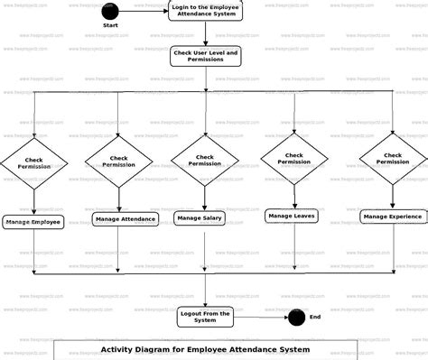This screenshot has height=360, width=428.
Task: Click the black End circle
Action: pyautogui.click(x=295, y=318)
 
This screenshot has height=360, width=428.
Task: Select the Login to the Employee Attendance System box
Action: pyautogui.click(x=205, y=11)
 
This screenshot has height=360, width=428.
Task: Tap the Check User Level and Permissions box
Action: pyautogui.click(x=205, y=57)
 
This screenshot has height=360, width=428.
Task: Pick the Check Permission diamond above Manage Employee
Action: pyautogui.click(x=33, y=164)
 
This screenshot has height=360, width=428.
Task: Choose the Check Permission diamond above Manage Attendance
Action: pyautogui.click(x=119, y=162)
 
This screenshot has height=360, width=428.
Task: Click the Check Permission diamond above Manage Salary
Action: pyautogui.click(x=205, y=160)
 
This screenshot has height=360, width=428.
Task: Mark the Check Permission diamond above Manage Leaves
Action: pyautogui.click(x=293, y=158)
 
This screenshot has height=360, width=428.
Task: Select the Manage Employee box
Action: pyautogui.click(x=33, y=221)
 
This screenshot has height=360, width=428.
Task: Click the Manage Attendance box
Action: pyautogui.click(x=125, y=218)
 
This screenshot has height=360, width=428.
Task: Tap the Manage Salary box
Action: pyautogui.click(x=200, y=217)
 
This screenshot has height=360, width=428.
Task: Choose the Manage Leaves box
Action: pyautogui.click(x=292, y=216)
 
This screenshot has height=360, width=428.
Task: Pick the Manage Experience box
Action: pyautogui.click(x=393, y=217)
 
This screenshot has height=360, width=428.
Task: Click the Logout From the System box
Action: pyautogui.click(x=205, y=316)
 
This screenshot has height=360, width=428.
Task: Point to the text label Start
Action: pyautogui.click(x=111, y=26)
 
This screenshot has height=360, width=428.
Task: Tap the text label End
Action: pyautogui.click(x=315, y=317)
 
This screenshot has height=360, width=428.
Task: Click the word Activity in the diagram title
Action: pyautogui.click(x=119, y=349)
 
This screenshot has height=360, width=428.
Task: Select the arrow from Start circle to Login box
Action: pyautogui.click(x=142, y=11)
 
